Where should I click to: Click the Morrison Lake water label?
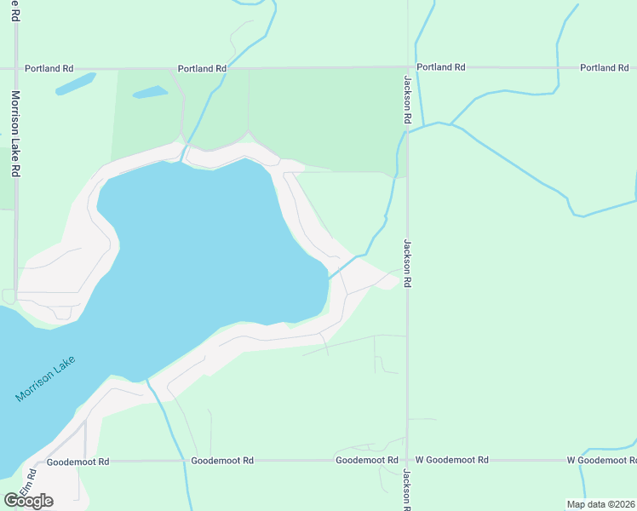[x=46, y=379]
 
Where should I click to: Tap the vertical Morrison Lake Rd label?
[x=15, y=133]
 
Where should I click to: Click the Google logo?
[x=28, y=501]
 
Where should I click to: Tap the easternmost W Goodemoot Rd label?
[x=602, y=460]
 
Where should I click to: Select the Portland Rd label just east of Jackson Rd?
[x=440, y=67]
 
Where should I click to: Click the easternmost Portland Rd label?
[x=604, y=67]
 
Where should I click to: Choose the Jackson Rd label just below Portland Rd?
[x=407, y=100]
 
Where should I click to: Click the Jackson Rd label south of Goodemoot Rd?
[x=407, y=489]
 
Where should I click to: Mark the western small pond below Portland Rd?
[x=75, y=83]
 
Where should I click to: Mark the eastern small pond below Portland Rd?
[x=151, y=92]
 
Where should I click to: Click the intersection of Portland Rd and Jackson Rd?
[x=407, y=67]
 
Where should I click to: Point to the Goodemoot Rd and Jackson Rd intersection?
[x=407, y=460]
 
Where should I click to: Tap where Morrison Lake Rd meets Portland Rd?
[x=15, y=67]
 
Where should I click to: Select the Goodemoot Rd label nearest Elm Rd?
[x=78, y=462]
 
